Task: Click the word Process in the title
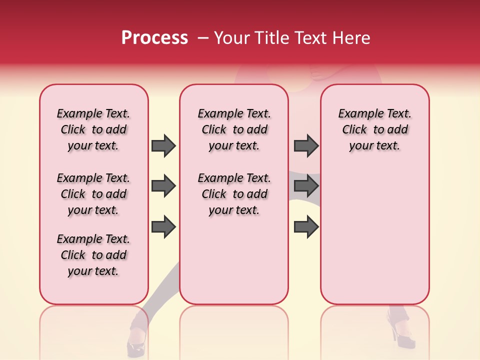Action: [x=154, y=38]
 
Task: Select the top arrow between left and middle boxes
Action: [x=163, y=146]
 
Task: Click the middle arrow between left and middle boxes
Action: [x=163, y=186]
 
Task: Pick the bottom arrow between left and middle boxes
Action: [x=163, y=227]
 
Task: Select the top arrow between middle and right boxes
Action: [x=306, y=146]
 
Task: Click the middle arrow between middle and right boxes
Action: [x=306, y=186]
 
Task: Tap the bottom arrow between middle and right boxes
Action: [x=306, y=227]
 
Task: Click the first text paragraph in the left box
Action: [x=93, y=129]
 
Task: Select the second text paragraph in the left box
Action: [x=93, y=194]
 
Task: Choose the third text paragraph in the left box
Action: [x=93, y=255]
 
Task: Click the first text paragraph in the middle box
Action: [x=234, y=129]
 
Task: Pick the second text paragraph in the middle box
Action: [x=234, y=194]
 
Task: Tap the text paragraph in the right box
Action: [x=374, y=129]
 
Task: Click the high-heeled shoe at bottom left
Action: [x=136, y=345]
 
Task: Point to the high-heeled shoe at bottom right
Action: [x=403, y=335]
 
